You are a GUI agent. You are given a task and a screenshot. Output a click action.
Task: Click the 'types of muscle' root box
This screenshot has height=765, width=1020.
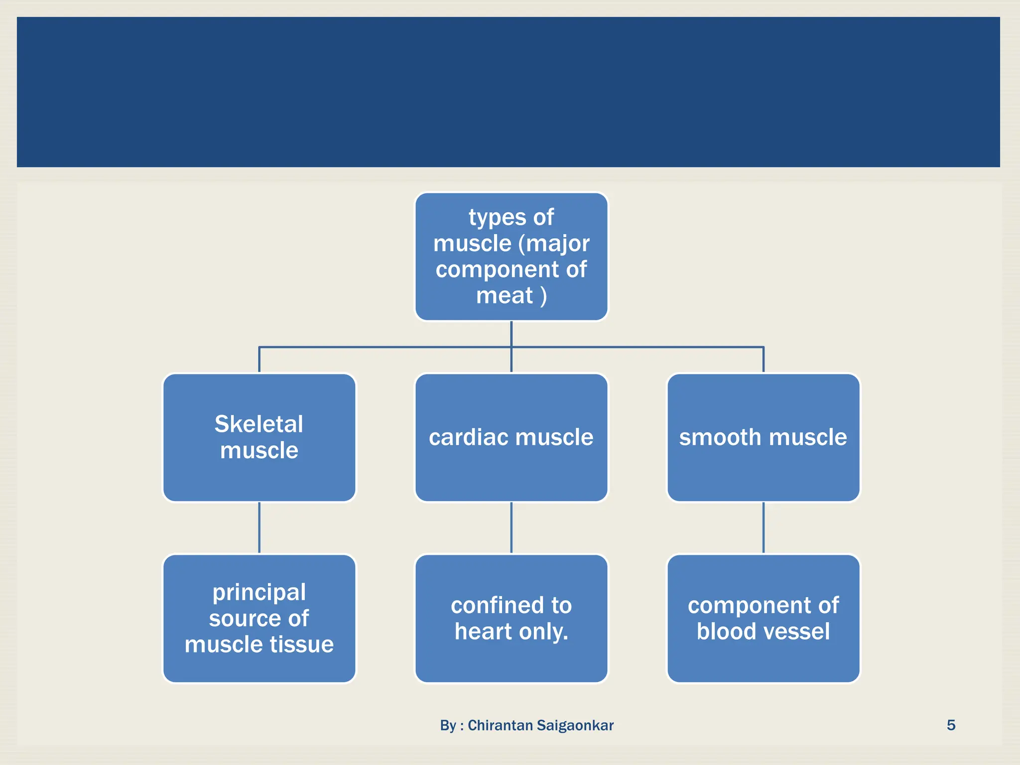point(511,256)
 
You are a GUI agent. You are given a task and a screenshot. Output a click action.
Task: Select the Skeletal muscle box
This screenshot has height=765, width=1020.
point(259,437)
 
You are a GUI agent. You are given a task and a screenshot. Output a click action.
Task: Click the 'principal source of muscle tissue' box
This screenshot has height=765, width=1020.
point(259,618)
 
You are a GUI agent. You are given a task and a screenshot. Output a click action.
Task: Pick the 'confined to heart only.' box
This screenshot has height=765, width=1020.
point(511,618)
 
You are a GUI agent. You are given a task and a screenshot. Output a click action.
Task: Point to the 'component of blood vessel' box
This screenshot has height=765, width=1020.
point(764,618)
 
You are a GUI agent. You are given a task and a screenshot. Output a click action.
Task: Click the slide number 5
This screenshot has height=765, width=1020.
point(951,725)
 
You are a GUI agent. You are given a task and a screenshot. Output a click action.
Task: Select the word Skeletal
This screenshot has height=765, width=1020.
point(259,424)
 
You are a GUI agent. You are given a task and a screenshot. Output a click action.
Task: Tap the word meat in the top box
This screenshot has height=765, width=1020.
point(504,295)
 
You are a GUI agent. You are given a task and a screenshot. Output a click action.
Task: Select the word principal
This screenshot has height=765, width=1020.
point(259,593)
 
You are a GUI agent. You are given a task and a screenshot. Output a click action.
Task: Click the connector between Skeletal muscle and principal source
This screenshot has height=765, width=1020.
point(259,528)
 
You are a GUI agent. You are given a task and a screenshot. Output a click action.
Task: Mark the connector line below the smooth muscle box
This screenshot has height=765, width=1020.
point(764,528)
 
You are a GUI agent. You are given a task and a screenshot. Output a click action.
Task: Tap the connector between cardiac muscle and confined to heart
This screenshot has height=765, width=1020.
point(511,528)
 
